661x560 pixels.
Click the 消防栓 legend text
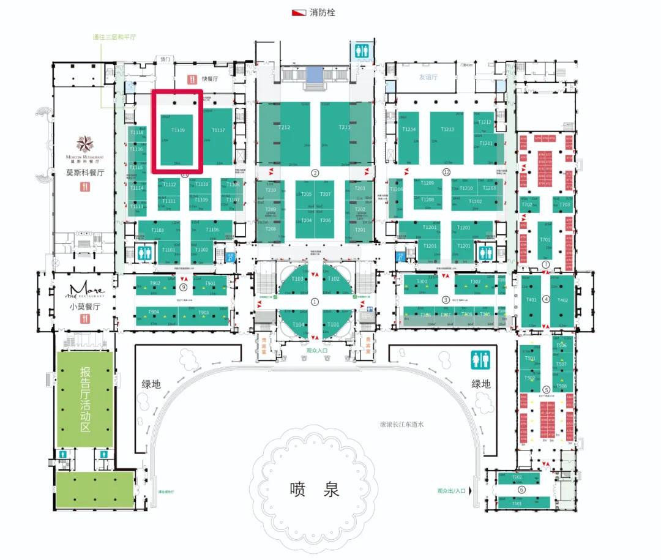point(323,12)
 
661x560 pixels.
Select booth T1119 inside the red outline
point(177,130)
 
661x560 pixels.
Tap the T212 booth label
point(284,127)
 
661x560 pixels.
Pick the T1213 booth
point(447,129)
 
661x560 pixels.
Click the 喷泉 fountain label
point(314,490)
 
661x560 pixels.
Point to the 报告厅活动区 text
point(85,398)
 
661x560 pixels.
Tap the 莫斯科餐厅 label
point(85,173)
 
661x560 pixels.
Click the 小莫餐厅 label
point(85,307)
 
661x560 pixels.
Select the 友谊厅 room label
point(428,77)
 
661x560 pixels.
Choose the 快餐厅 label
point(211,78)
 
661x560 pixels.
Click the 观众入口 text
point(317,350)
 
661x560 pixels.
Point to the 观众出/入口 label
point(452,490)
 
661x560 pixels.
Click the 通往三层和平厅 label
point(114,37)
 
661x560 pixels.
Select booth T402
point(562,300)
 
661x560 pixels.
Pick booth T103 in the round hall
point(297,279)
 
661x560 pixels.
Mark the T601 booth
point(517,503)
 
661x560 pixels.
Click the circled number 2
point(315,173)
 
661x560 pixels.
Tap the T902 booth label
point(155,283)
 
